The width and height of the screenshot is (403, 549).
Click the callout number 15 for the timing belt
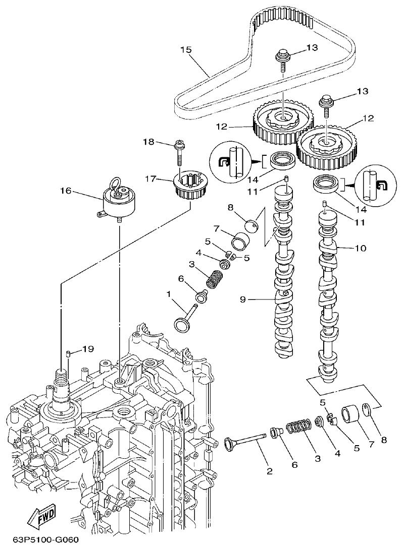coord(186,49)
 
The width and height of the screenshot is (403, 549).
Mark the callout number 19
coord(88,348)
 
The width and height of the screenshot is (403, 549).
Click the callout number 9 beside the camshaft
coord(243,299)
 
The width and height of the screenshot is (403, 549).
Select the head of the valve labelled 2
coord(232,445)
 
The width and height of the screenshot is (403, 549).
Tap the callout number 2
coord(269,471)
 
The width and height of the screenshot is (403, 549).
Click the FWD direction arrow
coord(41,517)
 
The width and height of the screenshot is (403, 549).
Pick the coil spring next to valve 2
coord(297,429)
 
